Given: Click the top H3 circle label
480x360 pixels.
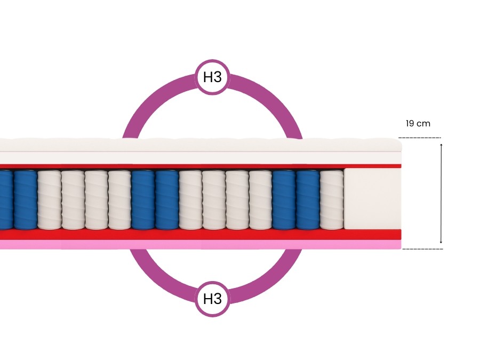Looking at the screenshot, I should click(212, 77).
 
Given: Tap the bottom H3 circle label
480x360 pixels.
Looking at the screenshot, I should click(212, 299).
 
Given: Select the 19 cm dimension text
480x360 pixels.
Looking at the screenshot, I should click(418, 123).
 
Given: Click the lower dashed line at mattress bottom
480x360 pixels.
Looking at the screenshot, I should click(422, 249).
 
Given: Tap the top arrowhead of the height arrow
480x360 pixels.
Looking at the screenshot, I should click(441, 145).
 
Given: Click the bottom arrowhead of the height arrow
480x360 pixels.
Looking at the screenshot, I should click(441, 242).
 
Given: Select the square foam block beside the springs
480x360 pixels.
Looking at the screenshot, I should click(372, 199).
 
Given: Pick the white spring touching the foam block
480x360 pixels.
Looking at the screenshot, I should click(331, 200).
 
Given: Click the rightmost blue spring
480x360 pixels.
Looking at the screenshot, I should click(308, 200).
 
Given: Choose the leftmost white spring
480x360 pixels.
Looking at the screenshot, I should click(49, 200).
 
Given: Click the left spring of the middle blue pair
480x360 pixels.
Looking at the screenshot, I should click(143, 200).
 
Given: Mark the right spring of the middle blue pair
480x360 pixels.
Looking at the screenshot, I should click(166, 200).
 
